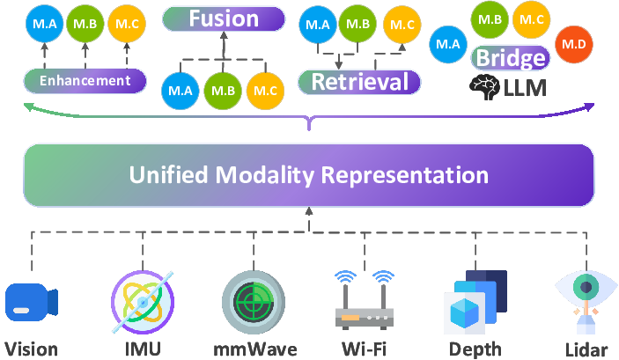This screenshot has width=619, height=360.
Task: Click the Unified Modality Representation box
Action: tap(309, 174)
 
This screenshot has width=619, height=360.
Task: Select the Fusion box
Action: tap(224, 18)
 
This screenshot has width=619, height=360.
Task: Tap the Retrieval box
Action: tap(359, 82)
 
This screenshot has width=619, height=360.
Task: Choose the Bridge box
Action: tap(510, 58)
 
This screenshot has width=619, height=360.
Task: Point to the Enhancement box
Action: tap(85, 81)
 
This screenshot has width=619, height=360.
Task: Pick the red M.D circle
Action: tap(574, 44)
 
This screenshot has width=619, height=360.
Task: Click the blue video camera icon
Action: tap(31, 301)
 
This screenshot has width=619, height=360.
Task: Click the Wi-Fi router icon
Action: tap(364, 301)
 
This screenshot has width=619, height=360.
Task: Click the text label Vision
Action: tap(31, 349)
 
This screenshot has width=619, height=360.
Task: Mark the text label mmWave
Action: tap(254, 349)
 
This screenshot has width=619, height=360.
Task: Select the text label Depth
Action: tap(475, 349)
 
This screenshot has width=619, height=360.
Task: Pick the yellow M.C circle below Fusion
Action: tap(265, 91)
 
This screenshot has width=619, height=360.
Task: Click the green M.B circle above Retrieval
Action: tap(358, 24)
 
